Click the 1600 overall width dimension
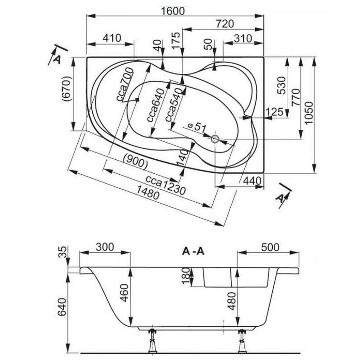pyautogui.click(x=173, y=11)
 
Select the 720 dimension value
pyautogui.click(x=224, y=24)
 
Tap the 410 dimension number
pyautogui.click(x=112, y=38)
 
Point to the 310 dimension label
pyautogui.click(x=243, y=38)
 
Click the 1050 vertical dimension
pyautogui.click(x=309, y=113)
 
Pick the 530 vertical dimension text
pyautogui.click(x=281, y=86)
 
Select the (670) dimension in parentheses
pyautogui.click(x=67, y=89)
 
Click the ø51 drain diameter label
pyautogui.click(x=196, y=127)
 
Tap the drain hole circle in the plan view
pyautogui.click(x=215, y=139)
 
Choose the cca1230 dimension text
pyautogui.click(x=166, y=184)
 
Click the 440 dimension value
pyautogui.click(x=252, y=181)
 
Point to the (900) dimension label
pyautogui.click(x=135, y=162)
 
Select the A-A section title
pyautogui.click(x=193, y=251)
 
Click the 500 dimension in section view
pyautogui.click(x=270, y=247)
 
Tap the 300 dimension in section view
pyautogui.click(x=105, y=247)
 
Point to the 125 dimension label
pyautogui.click(x=274, y=112)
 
